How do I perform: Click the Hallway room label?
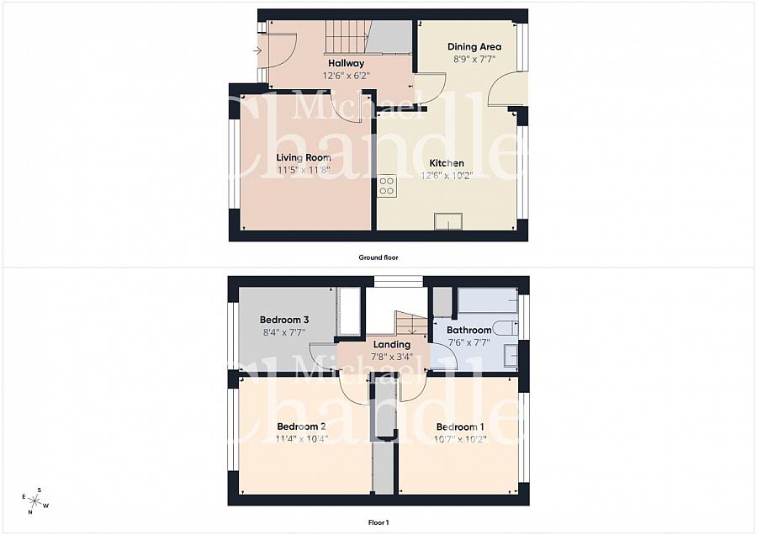click(347, 63)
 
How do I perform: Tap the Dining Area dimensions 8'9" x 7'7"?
click(474, 60)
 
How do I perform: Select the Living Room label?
click(304, 157)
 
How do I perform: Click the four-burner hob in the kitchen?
click(387, 186)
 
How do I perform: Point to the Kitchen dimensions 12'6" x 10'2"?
click(447, 175)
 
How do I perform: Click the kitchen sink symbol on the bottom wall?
click(448, 221)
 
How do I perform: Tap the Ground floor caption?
click(378, 257)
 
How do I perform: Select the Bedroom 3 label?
click(284, 320)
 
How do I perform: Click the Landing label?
click(391, 344)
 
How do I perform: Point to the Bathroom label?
click(468, 331)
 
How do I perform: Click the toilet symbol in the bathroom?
click(506, 328)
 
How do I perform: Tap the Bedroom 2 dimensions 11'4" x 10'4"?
click(302, 439)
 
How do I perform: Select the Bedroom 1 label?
click(459, 426)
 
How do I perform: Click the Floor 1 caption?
click(378, 522)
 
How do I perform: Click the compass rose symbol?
click(34, 501)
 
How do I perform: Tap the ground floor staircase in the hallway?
click(347, 37)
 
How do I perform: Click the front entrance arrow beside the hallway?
click(257, 50)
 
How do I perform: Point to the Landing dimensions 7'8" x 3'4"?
click(391, 357)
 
